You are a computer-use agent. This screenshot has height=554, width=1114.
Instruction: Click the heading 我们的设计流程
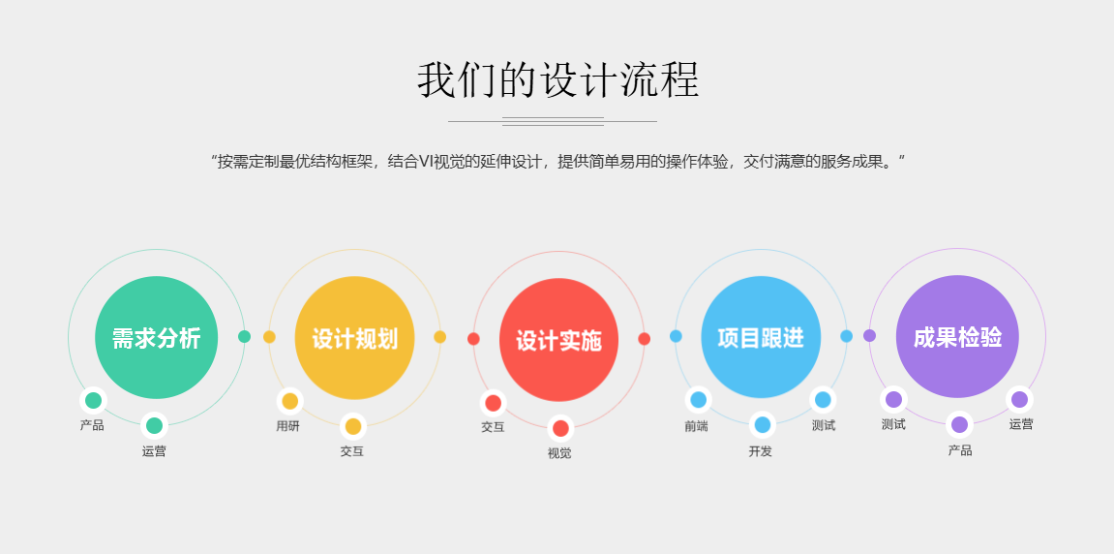point(557,79)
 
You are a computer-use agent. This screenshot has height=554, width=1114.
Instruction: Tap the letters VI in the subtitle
point(426,162)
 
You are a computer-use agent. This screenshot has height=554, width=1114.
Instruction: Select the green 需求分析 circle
point(156,337)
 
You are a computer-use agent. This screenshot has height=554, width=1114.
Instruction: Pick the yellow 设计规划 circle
point(354,338)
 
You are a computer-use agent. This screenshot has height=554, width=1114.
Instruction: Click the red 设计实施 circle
point(558,340)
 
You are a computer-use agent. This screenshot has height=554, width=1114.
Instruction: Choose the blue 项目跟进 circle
point(761,337)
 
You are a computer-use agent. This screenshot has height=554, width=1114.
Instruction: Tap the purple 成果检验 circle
point(957,336)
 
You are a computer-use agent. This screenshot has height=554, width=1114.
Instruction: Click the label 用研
point(287,426)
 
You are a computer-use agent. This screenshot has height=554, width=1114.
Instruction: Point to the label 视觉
point(559,453)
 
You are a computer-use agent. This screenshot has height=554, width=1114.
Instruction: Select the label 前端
point(696,426)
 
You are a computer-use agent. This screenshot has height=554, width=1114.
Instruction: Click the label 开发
point(760,451)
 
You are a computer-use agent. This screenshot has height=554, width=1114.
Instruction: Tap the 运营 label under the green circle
point(154,451)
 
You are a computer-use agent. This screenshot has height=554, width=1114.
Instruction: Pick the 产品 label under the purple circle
point(960,450)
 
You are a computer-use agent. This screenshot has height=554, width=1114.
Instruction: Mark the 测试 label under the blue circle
point(824,425)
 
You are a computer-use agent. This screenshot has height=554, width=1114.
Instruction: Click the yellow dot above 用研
point(289,401)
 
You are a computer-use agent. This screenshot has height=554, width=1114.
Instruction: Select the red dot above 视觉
point(560,428)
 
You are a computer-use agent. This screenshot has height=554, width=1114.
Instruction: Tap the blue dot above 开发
point(763,424)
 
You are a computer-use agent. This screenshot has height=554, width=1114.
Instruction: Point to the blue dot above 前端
point(699,400)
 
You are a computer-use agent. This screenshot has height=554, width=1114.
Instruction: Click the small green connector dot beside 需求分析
point(245,336)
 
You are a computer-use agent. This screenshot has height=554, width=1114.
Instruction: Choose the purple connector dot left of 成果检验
point(869,336)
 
